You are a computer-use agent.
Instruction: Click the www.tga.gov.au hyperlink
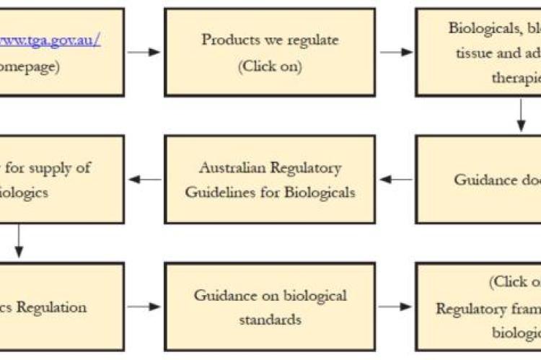coord(50,39)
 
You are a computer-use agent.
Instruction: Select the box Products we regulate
coord(269,52)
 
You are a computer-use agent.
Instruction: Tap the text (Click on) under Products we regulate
coord(270,66)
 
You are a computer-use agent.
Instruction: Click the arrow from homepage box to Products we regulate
coord(144,52)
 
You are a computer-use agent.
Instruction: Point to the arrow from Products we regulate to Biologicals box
coord(396,52)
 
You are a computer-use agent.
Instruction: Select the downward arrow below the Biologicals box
coord(521,115)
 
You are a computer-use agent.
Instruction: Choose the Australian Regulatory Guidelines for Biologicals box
coord(269,179)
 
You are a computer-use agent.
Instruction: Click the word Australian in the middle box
coord(232,168)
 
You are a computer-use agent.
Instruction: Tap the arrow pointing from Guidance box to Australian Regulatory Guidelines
coord(396,179)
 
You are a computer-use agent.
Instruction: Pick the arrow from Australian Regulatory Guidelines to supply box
coord(144,179)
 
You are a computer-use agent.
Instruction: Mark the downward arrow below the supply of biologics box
coord(19,242)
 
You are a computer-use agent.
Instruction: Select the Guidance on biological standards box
coord(269,307)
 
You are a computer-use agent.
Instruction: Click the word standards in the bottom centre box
coord(270,320)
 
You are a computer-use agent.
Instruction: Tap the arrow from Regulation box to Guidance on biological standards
coord(144,307)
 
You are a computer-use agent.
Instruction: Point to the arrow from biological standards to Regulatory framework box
coord(396,307)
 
